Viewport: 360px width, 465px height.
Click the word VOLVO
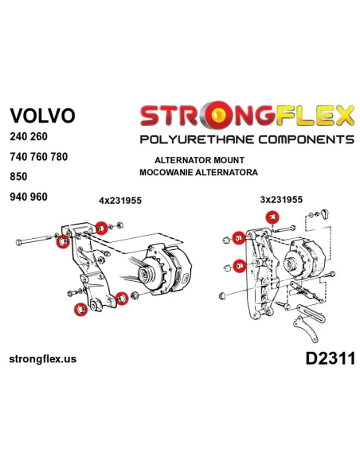[x=42, y=115]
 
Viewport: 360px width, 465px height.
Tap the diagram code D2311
[x=331, y=358]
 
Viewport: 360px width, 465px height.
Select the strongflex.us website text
[x=43, y=359]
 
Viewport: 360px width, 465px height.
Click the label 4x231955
[x=120, y=201]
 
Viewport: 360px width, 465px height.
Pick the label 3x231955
[x=281, y=200]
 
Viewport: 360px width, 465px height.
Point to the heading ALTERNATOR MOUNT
[x=199, y=160]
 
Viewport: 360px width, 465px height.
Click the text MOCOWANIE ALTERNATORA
[x=198, y=172]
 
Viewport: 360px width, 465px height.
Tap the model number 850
[x=18, y=177]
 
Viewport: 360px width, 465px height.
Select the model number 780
[x=59, y=157]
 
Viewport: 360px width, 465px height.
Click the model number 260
[x=38, y=136]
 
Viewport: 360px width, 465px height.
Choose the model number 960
[x=38, y=197]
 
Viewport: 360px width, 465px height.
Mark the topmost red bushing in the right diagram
[x=272, y=217]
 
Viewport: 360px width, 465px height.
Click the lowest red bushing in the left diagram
[x=80, y=310]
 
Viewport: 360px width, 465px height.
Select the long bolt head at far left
[x=18, y=242]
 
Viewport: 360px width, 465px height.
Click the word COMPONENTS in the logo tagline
[x=306, y=139]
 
